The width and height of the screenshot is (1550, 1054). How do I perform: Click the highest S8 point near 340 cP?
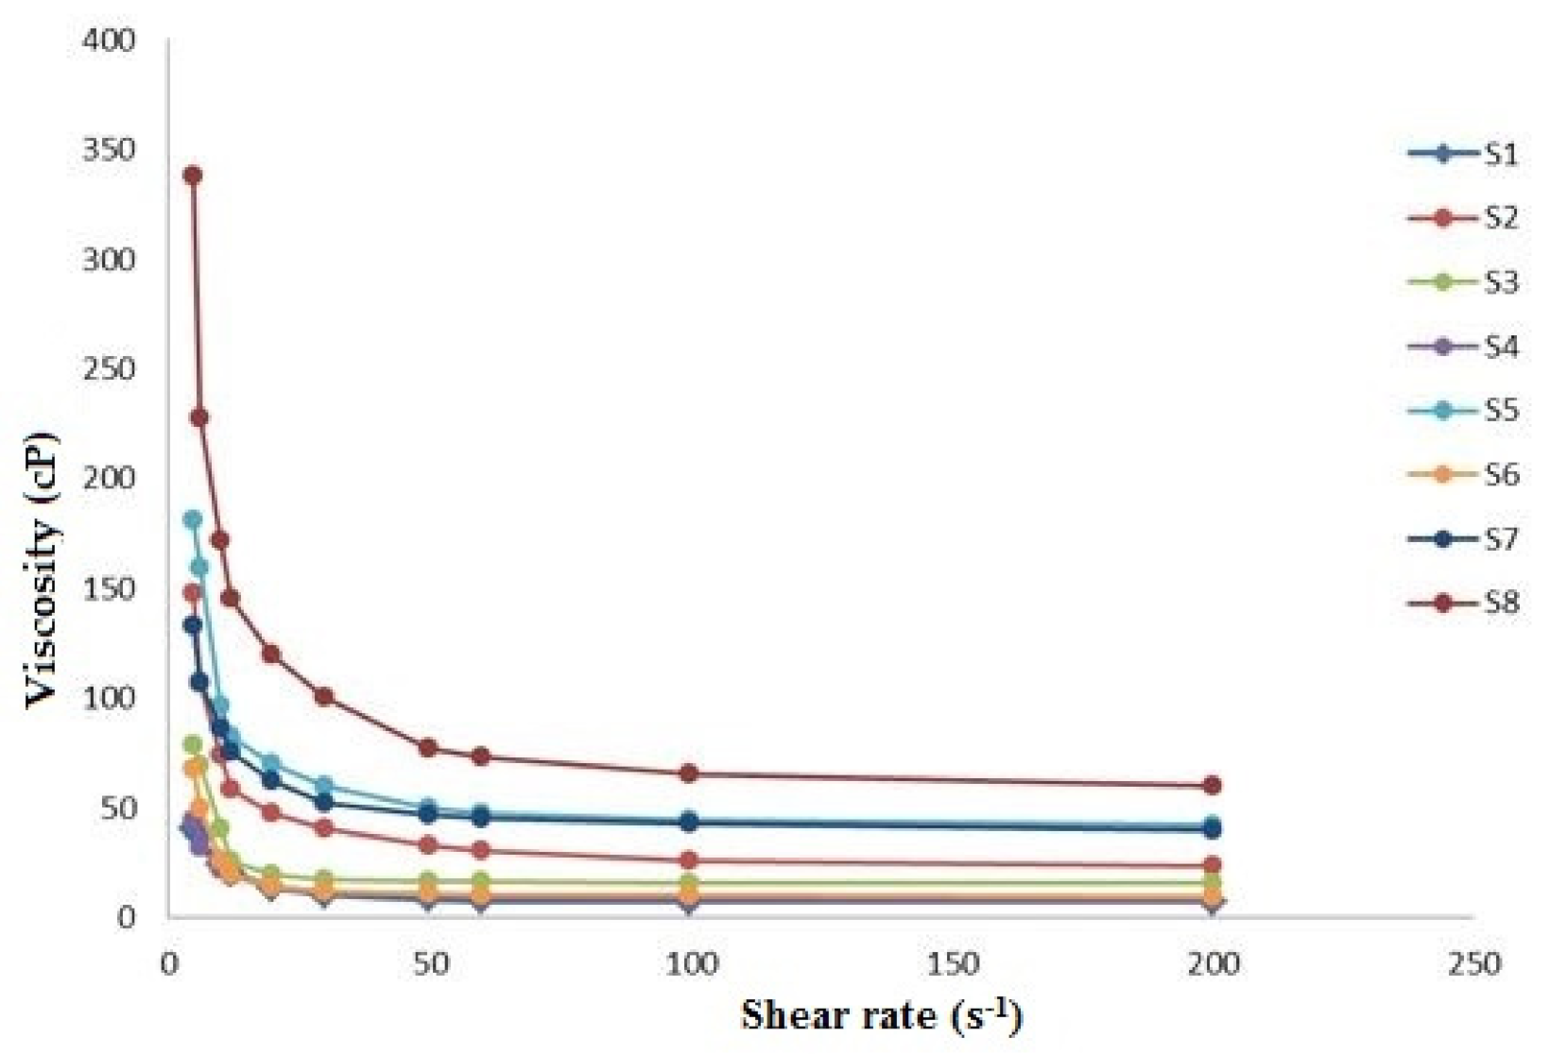193,175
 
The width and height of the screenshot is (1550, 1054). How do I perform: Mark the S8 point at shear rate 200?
1213,785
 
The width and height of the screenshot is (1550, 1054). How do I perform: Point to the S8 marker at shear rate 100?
689,773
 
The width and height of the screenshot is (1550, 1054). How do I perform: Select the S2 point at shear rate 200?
1213,865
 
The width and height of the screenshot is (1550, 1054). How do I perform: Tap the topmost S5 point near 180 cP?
193,519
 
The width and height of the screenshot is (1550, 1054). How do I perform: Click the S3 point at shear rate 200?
1213,883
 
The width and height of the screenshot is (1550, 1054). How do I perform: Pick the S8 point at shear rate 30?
324,696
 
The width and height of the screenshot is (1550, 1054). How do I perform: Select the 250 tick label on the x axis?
1473,964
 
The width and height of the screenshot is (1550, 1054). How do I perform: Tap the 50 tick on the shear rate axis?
429,964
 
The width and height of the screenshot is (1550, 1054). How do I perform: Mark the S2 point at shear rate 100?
689,860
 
